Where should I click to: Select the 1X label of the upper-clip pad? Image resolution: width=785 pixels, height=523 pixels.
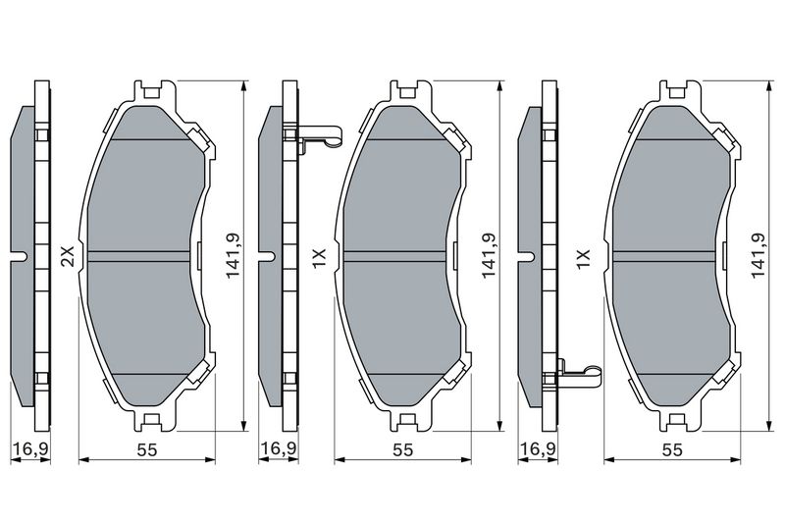[320, 259]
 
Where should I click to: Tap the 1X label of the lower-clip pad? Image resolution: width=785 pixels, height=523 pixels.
[584, 260]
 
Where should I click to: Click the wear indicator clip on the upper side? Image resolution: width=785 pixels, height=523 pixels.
[321, 136]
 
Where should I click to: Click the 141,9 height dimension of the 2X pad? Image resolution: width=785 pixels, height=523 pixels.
[233, 256]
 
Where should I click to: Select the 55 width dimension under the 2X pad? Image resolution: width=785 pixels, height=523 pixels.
[147, 450]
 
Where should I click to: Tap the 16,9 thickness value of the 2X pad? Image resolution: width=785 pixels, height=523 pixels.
[31, 449]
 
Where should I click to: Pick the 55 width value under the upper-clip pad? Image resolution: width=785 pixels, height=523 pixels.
[403, 450]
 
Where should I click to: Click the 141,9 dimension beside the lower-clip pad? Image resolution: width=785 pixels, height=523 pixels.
[759, 256]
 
